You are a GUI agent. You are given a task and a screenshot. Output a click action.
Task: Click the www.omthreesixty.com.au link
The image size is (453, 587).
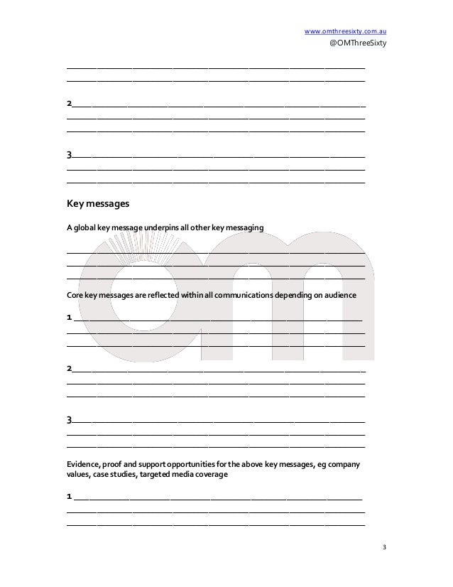click(344, 31)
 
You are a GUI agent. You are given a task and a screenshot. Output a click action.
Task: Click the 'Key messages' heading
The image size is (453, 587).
click(97, 204)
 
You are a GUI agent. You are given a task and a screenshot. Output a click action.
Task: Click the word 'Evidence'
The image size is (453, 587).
click(84, 464)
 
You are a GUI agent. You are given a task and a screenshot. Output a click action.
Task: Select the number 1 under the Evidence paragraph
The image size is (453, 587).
click(69, 495)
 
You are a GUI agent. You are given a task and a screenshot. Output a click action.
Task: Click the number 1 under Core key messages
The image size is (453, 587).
click(69, 316)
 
